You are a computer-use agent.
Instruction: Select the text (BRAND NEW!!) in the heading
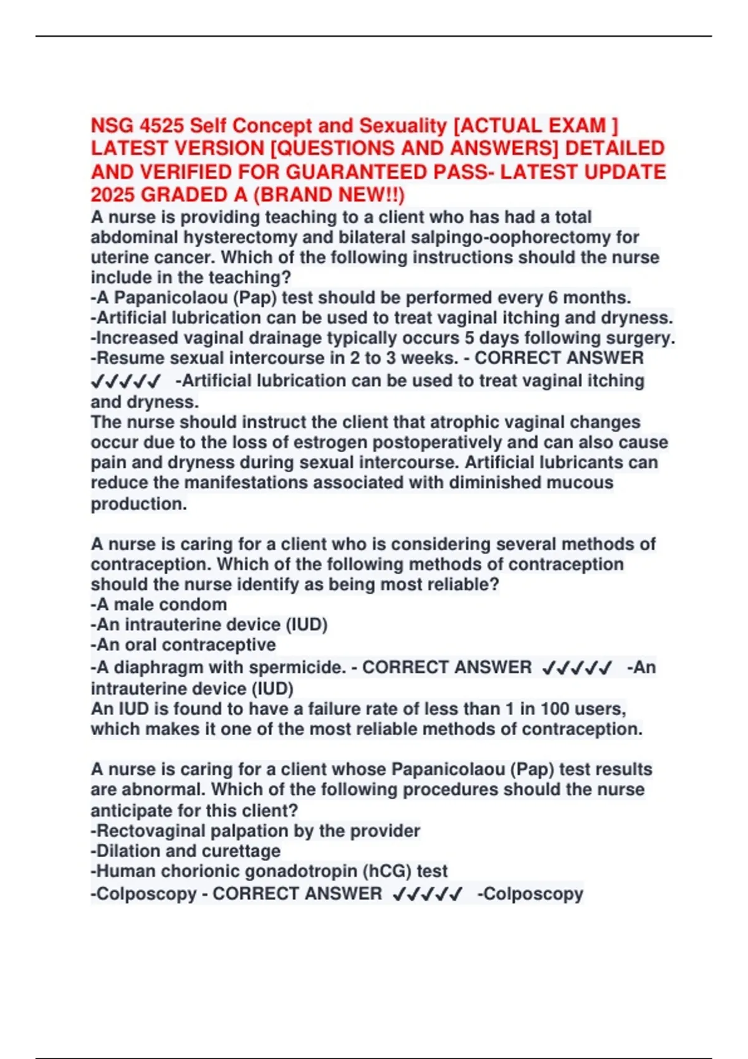(328, 195)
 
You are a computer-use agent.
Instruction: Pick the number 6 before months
(553, 298)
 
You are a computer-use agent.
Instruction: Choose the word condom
(194, 604)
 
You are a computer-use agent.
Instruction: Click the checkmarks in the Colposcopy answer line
(428, 895)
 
